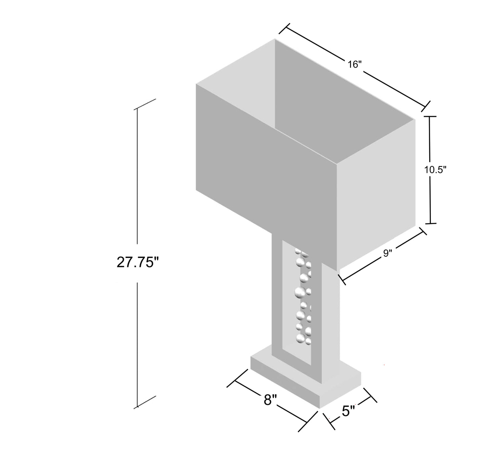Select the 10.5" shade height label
tap(435, 170)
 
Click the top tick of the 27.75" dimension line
tap(145, 104)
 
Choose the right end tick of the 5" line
tap(371, 397)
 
